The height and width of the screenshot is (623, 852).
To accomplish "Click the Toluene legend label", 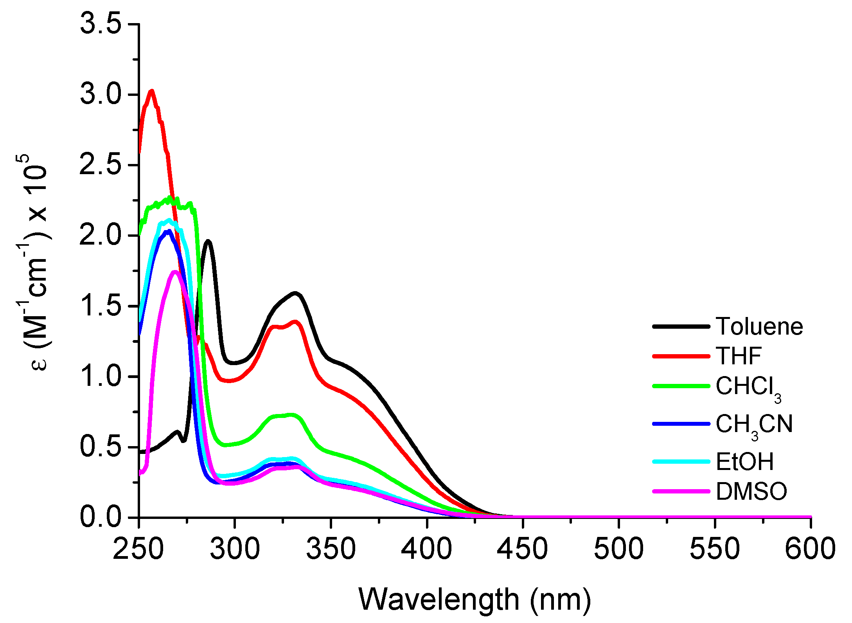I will point(759,326).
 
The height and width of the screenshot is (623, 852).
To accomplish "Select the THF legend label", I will point(738,356).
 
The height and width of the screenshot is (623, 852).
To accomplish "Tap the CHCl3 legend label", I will point(748,387).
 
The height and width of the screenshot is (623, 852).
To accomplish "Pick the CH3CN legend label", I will point(754,425).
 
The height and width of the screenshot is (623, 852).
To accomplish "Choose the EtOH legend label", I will point(744,462).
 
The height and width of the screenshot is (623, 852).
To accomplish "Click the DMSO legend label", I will point(751,492).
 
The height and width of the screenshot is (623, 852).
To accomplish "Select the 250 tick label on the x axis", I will point(138,548).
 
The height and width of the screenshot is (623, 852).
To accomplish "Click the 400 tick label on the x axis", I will point(427,548).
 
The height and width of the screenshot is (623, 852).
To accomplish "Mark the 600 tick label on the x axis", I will point(810,548).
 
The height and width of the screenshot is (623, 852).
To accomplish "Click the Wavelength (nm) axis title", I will point(474,599).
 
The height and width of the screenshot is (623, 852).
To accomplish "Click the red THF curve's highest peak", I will point(151,91).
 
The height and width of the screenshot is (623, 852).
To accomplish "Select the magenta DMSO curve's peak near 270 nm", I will point(175,272).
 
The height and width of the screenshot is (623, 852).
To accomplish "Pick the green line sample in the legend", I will point(681,386).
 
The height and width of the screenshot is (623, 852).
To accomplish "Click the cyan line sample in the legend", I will point(681,462).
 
